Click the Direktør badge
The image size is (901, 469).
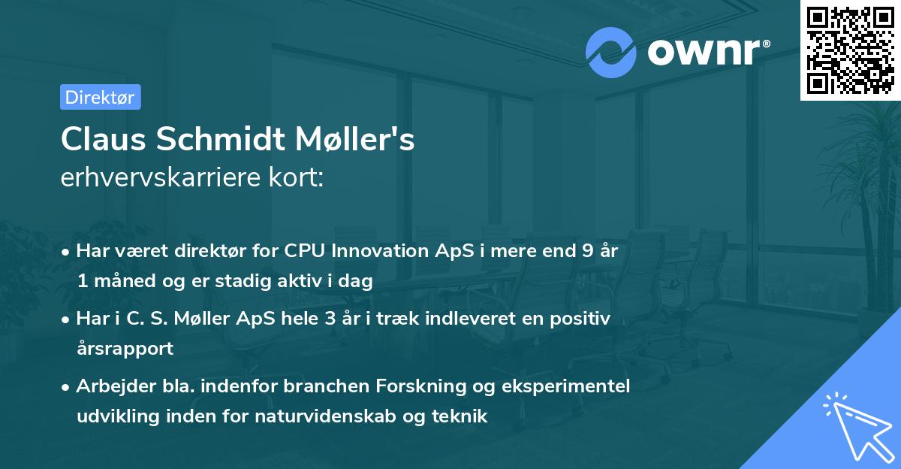coord(100,97)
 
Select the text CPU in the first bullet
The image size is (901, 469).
coord(303,251)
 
